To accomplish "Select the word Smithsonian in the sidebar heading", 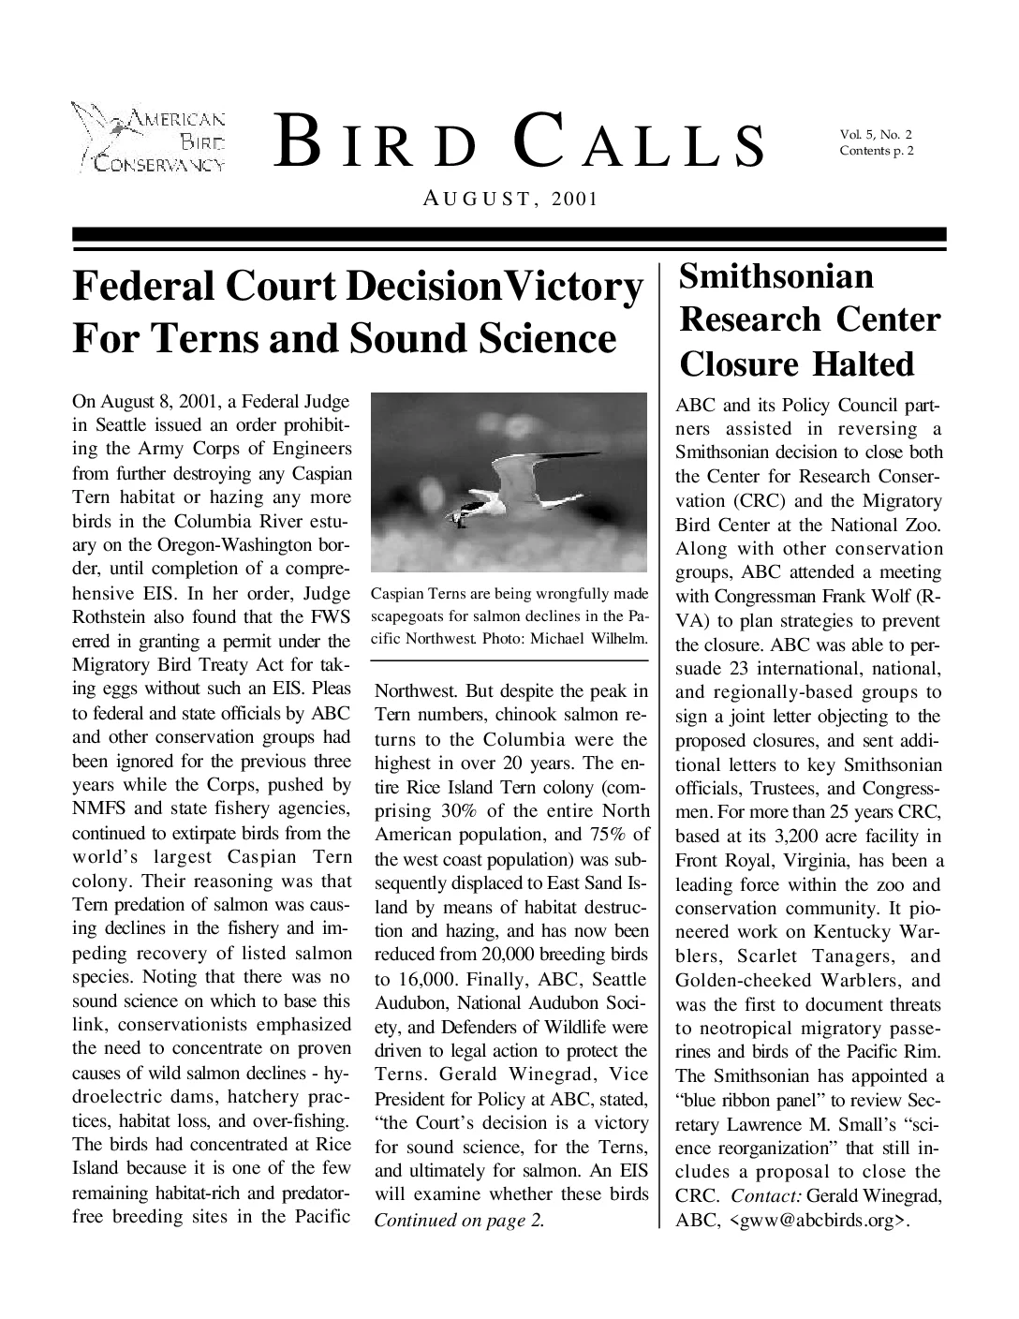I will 776,276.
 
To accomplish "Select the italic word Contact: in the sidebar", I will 765,1196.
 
